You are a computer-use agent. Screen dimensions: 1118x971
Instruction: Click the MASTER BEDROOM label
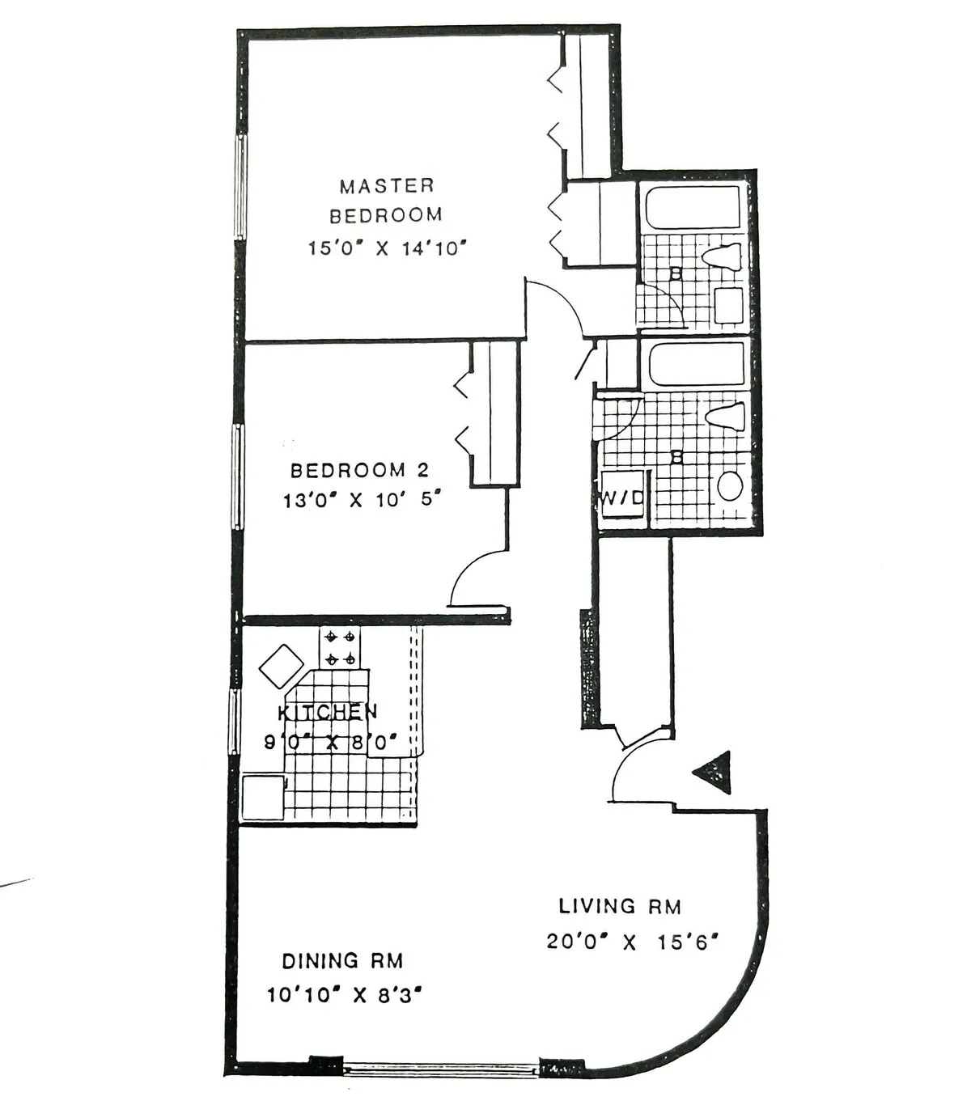386,201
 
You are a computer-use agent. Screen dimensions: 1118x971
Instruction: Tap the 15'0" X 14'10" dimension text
388,248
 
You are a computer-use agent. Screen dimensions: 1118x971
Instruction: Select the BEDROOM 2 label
359,470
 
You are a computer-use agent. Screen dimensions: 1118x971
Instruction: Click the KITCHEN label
327,712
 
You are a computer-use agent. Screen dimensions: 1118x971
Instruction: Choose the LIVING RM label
620,906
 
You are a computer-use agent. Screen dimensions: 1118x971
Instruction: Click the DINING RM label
342,961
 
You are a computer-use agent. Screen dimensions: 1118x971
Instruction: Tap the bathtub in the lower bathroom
697,365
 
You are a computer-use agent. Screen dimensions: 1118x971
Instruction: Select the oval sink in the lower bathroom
730,486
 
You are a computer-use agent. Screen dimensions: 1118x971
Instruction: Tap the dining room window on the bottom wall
441,1069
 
